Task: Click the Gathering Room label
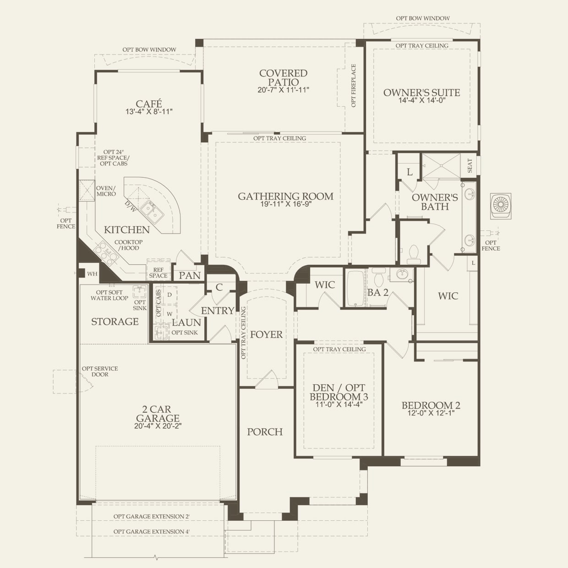[285, 197]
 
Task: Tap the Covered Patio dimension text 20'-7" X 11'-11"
[283, 90]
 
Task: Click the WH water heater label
[92, 274]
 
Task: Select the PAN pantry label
[190, 276]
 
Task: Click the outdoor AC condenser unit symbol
[501, 206]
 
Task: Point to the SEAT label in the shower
[470, 166]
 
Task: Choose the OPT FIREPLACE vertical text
[354, 86]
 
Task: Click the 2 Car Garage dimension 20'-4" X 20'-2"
[158, 426]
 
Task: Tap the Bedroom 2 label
[431, 405]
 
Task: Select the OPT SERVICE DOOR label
[99, 371]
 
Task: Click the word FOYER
[266, 334]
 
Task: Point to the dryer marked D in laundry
[169, 295]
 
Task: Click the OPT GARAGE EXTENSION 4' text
[152, 531]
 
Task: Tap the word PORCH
[265, 432]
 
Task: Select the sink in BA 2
[401, 275]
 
